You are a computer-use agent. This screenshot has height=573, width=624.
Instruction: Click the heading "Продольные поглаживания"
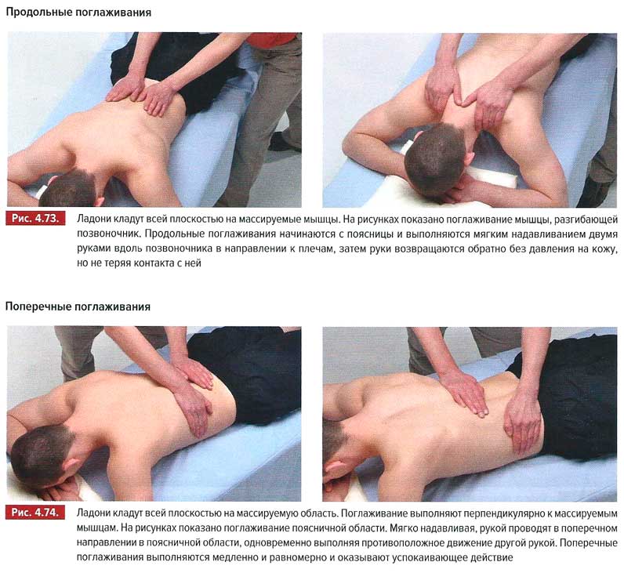78,13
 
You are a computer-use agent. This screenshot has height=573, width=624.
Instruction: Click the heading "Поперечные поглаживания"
78,306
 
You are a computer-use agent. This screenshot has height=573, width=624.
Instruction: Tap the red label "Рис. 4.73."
35,219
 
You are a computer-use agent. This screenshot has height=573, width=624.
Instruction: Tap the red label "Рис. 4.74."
35,513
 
